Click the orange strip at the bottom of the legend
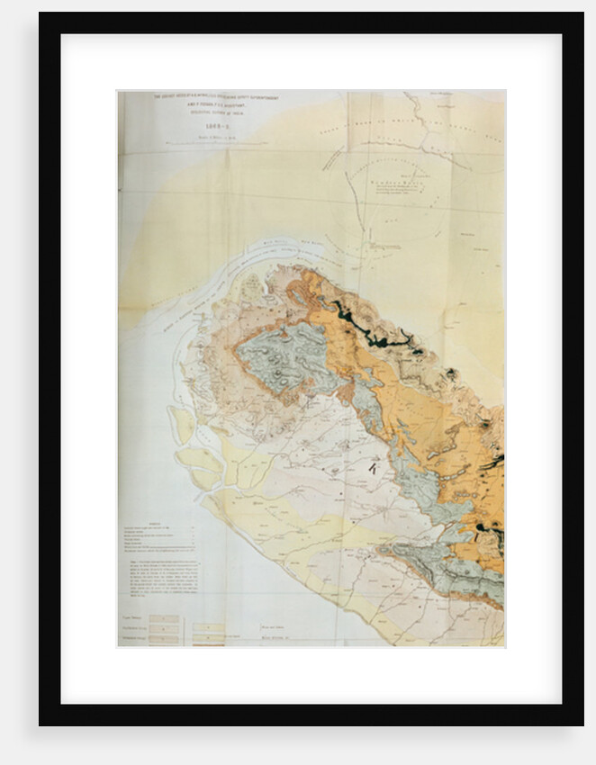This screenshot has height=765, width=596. click(x=210, y=640)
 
